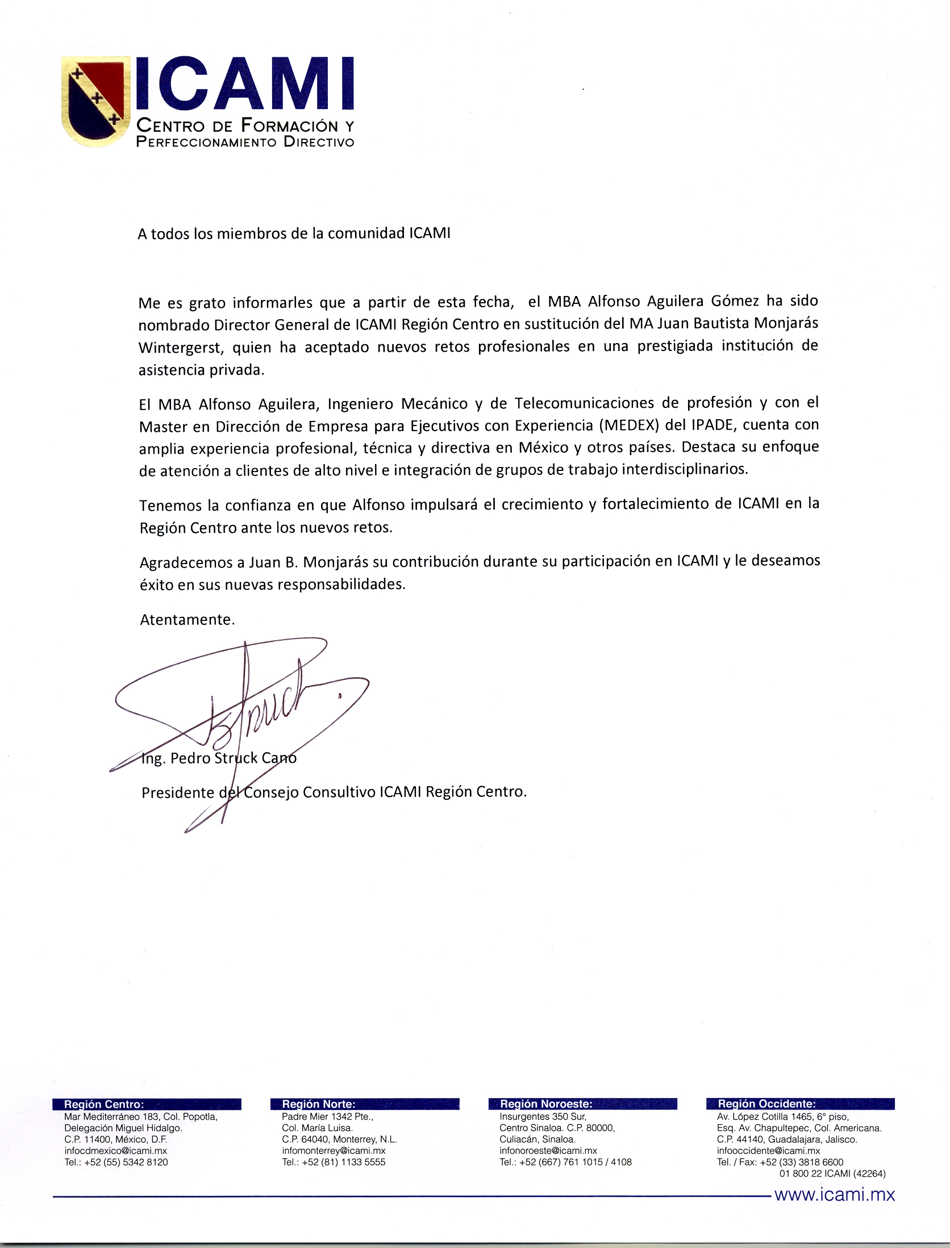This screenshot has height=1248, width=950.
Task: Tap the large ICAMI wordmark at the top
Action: [x=244, y=84]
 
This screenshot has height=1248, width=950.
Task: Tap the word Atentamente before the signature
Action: [x=187, y=620]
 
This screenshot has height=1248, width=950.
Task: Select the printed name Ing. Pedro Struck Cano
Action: [x=219, y=759]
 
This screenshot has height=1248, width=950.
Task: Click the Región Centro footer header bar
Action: [x=147, y=1104]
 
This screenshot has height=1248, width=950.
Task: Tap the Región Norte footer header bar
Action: [x=365, y=1104]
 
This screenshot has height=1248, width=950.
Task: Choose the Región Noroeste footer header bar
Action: [x=582, y=1104]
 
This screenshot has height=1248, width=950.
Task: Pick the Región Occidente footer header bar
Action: [x=800, y=1104]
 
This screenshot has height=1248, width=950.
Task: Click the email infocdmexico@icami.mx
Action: [x=116, y=1151]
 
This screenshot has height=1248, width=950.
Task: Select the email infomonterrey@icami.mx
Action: [x=334, y=1151]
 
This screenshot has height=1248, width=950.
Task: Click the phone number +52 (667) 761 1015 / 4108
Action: [x=574, y=1162]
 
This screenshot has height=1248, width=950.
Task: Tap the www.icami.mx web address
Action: [x=835, y=1195]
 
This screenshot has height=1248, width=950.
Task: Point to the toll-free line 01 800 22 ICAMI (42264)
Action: [x=832, y=1174]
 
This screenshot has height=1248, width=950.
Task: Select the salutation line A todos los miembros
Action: [x=294, y=234]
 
